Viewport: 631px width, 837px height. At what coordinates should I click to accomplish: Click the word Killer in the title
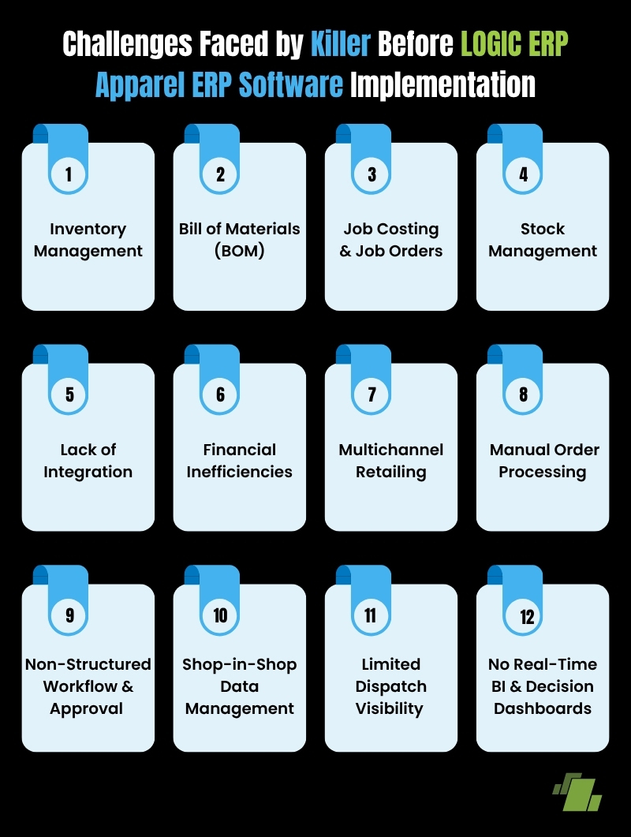[x=341, y=44]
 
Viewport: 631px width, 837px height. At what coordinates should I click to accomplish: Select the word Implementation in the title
[x=442, y=84]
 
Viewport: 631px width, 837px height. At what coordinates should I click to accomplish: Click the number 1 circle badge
[x=69, y=174]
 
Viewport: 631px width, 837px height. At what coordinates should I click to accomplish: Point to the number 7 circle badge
[x=372, y=395]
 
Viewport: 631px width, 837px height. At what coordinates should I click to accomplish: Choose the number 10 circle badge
[x=220, y=616]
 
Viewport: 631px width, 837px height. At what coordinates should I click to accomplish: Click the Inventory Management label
[x=88, y=240]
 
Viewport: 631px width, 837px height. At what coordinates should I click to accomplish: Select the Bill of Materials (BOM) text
[x=240, y=240]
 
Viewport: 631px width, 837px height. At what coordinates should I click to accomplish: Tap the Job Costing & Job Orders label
[x=391, y=240]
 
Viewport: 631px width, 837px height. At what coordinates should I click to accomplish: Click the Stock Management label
[x=543, y=240]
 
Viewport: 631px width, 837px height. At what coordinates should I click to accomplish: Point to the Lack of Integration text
[x=88, y=461]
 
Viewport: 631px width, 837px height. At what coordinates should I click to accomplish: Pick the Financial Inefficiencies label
[x=240, y=461]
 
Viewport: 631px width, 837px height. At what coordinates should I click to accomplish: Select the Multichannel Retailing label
[x=391, y=461]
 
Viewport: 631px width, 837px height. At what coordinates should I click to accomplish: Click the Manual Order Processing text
[x=543, y=461]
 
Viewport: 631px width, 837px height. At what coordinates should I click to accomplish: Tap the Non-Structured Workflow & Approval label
[x=88, y=686]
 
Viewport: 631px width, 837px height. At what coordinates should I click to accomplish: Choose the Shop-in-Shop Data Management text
[x=240, y=686]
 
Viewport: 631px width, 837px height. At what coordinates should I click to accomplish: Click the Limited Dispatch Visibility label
[x=391, y=686]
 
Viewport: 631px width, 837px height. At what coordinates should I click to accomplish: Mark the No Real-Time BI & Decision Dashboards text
[x=543, y=686]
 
